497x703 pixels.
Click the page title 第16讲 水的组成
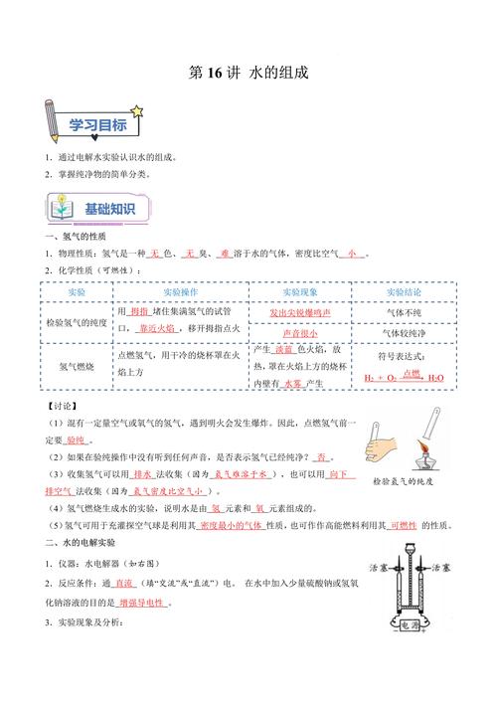click(248, 73)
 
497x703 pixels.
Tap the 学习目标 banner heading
click(96, 124)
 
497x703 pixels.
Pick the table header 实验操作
click(178, 293)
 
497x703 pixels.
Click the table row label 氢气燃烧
click(77, 366)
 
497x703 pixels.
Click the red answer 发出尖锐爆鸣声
click(300, 312)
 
